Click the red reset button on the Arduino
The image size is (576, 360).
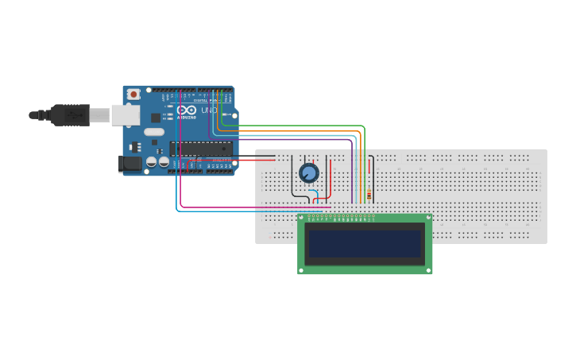click(x=133, y=94)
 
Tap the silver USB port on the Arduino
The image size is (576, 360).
click(x=125, y=115)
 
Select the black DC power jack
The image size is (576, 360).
click(x=130, y=164)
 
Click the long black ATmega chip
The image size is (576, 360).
click(x=200, y=149)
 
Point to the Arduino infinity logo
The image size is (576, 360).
click(x=185, y=110)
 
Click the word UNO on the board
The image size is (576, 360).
click(x=209, y=110)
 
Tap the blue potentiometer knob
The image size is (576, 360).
click(x=308, y=172)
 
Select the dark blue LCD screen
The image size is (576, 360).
click(x=365, y=244)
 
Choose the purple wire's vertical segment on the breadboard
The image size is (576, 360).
click(x=352, y=171)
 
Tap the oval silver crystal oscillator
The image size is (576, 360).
click(x=154, y=132)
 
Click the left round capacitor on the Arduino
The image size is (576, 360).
click(x=152, y=162)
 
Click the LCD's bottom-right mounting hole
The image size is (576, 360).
click(x=429, y=270)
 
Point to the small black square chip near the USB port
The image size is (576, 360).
click(x=155, y=118)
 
